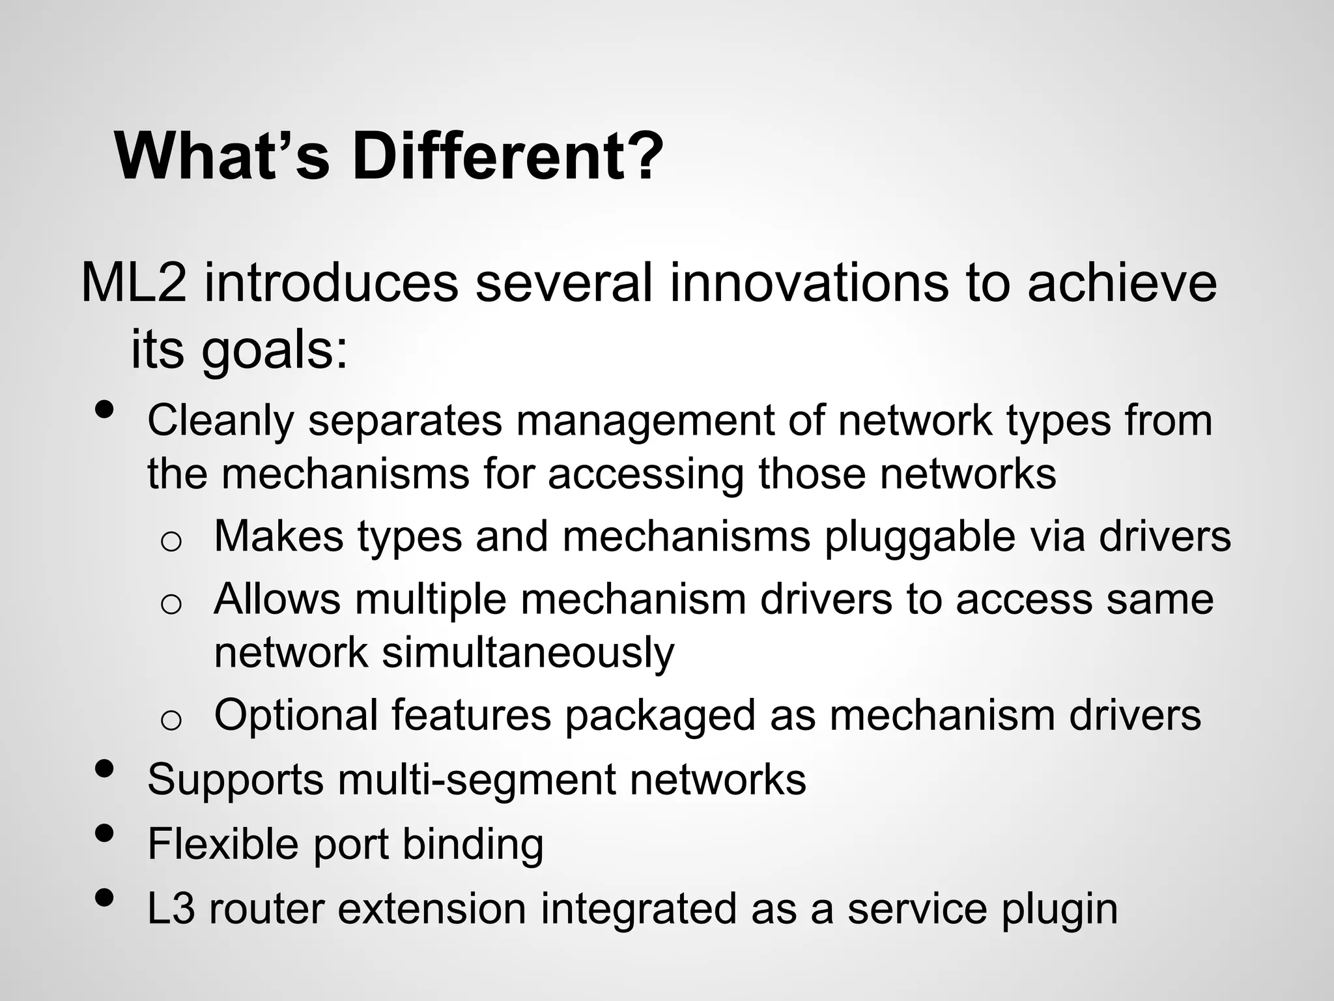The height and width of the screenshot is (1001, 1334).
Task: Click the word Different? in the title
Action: tap(507, 158)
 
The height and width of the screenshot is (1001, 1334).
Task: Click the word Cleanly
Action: tap(220, 421)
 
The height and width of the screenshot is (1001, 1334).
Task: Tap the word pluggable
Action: tap(919, 536)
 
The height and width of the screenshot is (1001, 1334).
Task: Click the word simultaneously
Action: tap(528, 652)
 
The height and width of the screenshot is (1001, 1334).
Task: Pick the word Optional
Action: tap(296, 716)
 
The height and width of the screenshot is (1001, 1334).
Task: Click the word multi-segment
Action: tap(476, 779)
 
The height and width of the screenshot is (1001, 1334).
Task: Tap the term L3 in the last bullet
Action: tap(171, 908)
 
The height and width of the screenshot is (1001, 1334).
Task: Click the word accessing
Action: tap(646, 474)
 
